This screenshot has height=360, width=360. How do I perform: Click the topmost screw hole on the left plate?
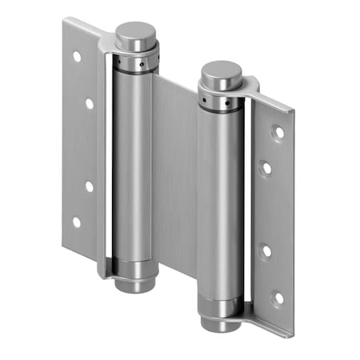click(x=77, y=58)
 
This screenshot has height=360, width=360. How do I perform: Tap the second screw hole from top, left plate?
click(x=89, y=102)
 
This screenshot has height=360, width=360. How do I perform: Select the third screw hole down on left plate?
click(x=89, y=186)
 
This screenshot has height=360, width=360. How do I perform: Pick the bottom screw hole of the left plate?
click(x=77, y=222)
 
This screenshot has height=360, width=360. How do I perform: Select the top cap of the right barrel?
click(x=220, y=76)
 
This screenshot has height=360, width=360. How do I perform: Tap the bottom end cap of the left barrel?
click(x=132, y=282)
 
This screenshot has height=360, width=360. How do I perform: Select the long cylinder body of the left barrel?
click(x=133, y=160)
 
